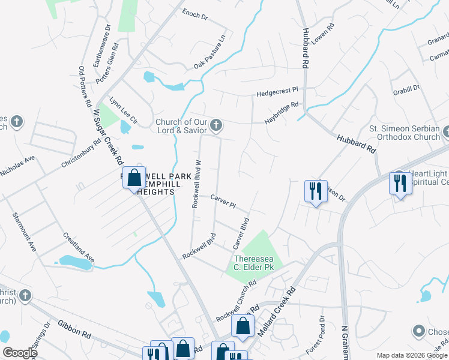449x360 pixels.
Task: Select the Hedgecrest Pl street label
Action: coord(277,92)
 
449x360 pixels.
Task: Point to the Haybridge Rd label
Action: coord(282,113)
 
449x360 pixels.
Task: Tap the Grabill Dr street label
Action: coord(407,89)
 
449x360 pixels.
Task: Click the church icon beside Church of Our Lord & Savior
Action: coord(216,126)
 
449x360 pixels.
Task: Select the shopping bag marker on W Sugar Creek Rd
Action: coord(133,178)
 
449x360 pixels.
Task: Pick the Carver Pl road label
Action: coord(223,200)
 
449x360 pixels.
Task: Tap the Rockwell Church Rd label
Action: coord(236,299)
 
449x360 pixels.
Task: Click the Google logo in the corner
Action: coord(20,353)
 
